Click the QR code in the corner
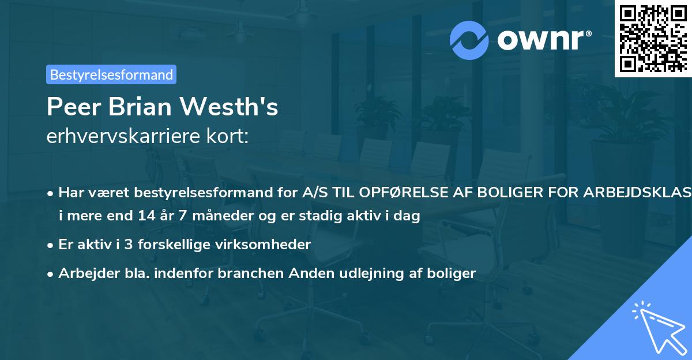652,39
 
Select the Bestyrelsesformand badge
111,74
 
